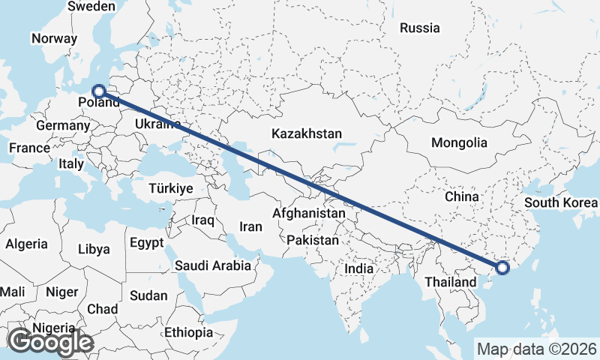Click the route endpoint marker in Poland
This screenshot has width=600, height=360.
click(98, 92)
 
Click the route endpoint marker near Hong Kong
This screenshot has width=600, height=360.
click(502, 267)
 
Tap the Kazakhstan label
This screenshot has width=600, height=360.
click(307, 134)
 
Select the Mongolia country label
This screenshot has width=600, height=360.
click(459, 142)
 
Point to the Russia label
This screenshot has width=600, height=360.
click(419, 28)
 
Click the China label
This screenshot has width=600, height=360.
click(461, 196)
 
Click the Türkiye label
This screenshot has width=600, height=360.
click(171, 188)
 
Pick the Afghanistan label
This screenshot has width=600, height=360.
click(309, 213)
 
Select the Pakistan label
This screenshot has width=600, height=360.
click(313, 240)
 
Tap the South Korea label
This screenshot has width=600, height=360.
click(561, 202)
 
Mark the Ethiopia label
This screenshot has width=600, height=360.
click(189, 332)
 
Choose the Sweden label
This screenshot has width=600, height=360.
click(91, 7)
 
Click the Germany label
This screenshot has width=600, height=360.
click(62, 125)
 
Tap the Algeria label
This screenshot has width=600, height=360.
click(26, 244)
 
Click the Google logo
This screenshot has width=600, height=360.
click(50, 342)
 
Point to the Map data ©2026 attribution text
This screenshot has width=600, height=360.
click(536, 349)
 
